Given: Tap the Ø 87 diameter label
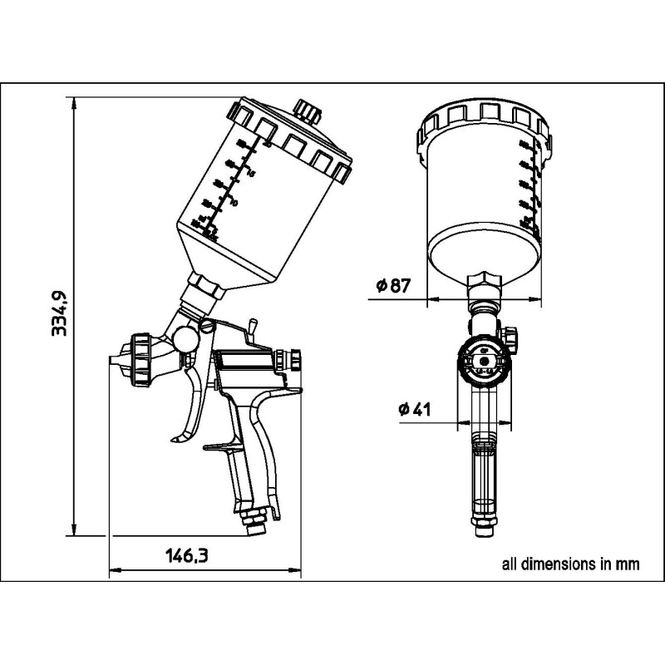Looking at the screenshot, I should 393,286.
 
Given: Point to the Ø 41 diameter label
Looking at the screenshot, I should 413,410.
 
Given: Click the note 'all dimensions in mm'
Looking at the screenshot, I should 570,564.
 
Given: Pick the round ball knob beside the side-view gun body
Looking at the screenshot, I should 185,338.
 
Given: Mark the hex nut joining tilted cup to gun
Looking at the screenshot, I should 203,288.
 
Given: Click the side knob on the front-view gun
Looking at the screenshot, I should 510,334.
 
